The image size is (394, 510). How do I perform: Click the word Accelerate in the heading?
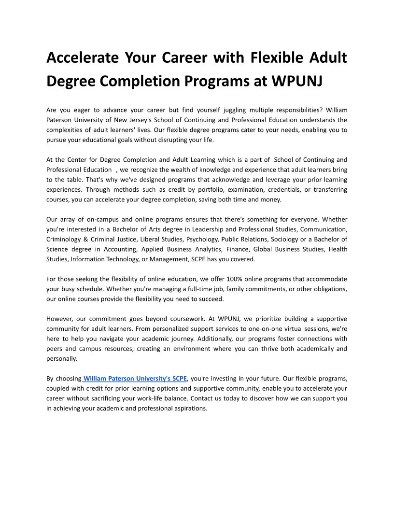76,57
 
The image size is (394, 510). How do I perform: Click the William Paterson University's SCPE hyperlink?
135,378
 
